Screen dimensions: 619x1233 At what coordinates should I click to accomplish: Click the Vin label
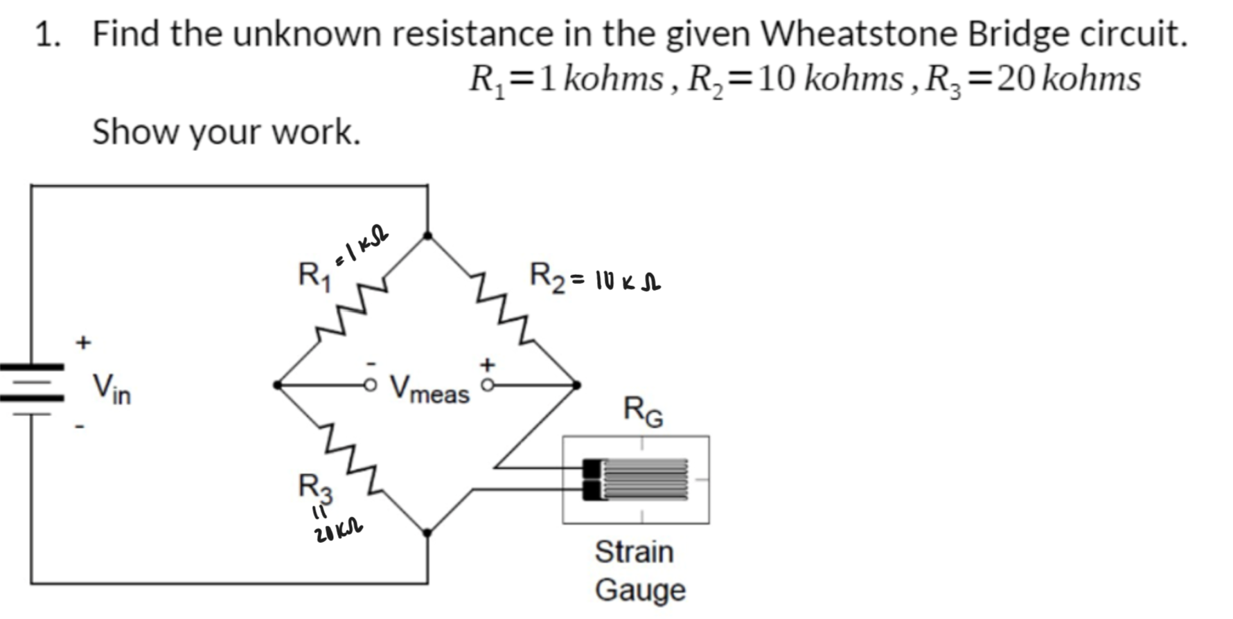112,389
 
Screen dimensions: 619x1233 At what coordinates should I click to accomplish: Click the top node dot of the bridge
427,235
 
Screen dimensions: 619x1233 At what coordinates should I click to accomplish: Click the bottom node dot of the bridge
427,532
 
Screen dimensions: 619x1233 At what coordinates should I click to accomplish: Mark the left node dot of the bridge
277,384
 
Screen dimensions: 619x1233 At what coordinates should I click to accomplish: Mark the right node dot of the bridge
576,384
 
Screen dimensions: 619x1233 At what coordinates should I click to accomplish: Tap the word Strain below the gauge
634,553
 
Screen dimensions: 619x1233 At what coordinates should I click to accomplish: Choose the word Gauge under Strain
640,591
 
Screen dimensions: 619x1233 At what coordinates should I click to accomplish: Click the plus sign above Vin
83,342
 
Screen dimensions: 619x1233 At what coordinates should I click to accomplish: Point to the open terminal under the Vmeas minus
372,384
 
